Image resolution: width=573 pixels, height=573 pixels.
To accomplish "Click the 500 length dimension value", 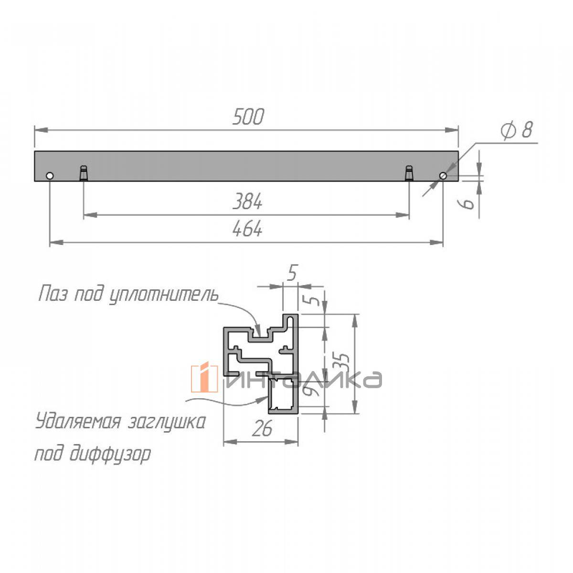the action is [248, 117].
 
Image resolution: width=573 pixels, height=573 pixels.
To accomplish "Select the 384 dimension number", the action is [247, 202].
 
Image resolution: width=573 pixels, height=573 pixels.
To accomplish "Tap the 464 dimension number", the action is [247, 229].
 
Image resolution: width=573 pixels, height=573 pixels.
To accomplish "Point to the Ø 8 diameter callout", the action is [517, 130].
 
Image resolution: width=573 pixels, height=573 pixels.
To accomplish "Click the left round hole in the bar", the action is [50, 176].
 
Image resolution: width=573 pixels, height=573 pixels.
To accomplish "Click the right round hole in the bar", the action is [443, 176].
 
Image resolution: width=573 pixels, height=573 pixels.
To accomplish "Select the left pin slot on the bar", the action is [84, 173].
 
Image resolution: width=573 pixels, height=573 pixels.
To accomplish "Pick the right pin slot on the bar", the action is [409, 173].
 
